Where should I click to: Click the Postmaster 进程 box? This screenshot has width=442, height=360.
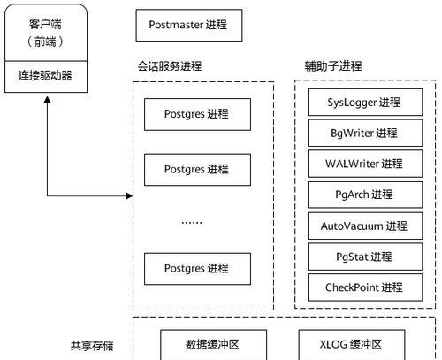[189, 25]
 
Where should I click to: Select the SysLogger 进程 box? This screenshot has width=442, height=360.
[365, 103]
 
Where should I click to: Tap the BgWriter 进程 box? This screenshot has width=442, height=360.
[365, 133]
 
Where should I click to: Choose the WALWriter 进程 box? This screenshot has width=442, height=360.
[365, 164]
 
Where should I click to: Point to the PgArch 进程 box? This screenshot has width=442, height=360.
[365, 195]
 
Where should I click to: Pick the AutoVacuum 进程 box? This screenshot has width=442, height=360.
[365, 226]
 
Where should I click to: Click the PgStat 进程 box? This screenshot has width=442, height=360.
[365, 257]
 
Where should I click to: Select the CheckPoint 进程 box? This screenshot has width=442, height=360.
[365, 287]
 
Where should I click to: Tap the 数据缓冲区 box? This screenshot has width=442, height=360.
[213, 345]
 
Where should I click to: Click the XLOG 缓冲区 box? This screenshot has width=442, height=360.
[352, 345]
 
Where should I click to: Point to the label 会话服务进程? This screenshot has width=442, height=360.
[170, 66]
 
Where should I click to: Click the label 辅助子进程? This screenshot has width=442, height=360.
[333, 65]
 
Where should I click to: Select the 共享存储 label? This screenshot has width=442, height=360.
[92, 346]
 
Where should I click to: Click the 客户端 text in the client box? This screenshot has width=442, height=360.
[45, 24]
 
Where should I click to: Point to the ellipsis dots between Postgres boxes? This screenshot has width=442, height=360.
[192, 222]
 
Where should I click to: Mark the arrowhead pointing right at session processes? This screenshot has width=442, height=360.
[129, 195]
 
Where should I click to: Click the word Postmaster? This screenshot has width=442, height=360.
[176, 25]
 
